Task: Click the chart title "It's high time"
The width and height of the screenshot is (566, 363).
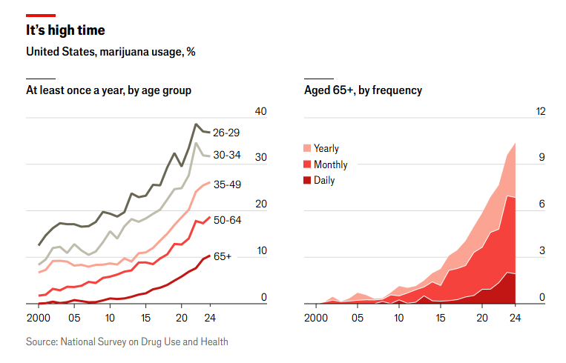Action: click(65, 30)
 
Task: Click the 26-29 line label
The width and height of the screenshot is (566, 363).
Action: click(226, 133)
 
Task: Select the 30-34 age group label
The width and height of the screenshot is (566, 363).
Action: click(227, 155)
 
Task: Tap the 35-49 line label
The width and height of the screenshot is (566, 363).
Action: click(227, 184)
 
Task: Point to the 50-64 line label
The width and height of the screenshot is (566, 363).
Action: click(227, 220)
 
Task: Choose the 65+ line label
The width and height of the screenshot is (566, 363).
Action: click(223, 256)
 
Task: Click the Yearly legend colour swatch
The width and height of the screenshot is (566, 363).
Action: click(307, 148)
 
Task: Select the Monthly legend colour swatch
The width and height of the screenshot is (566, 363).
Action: click(307, 164)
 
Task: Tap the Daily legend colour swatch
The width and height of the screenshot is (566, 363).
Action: click(307, 180)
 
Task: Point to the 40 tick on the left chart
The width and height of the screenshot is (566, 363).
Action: click(260, 111)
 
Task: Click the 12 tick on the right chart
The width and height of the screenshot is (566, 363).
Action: click(540, 111)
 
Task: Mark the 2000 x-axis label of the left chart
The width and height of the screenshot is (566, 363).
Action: click(39, 318)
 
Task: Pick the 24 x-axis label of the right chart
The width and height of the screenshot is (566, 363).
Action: click(515, 318)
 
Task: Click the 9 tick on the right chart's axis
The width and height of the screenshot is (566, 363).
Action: click(542, 158)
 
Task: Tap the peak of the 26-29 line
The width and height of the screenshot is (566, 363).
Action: click(196, 124)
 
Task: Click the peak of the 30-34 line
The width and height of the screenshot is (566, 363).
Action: click(196, 144)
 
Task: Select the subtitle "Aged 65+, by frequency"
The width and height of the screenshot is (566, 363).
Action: click(363, 90)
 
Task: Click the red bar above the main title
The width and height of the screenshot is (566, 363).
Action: click(41, 16)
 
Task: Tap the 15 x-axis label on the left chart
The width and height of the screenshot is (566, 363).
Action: click(145, 318)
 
